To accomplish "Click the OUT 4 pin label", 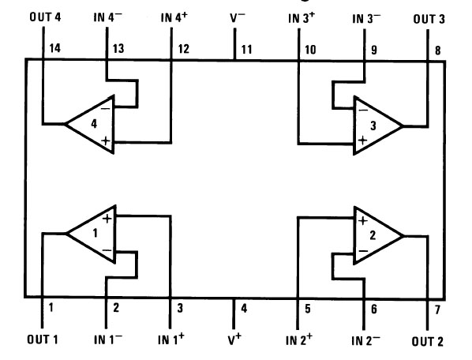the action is [x=45, y=17].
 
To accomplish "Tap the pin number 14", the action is [x=54, y=48].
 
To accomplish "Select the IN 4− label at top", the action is [x=108, y=17].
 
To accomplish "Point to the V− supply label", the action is [x=238, y=17].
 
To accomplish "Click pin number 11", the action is [x=246, y=50].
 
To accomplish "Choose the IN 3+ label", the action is [x=302, y=17].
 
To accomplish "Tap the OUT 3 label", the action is [x=429, y=19].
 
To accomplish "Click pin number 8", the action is [x=438, y=51].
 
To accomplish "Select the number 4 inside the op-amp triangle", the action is [x=94, y=124].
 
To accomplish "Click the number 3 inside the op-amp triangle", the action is [x=373, y=126].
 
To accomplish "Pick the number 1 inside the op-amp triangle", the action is [x=96, y=233].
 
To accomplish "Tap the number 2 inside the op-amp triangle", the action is [x=373, y=235].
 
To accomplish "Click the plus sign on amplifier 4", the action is [x=105, y=141].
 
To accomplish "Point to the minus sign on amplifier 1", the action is [x=107, y=250].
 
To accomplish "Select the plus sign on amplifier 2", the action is [x=363, y=220].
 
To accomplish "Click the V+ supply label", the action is [x=234, y=339].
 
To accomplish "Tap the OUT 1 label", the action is [x=43, y=339].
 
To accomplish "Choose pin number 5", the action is [x=307, y=309].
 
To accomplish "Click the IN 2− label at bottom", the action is [x=365, y=340].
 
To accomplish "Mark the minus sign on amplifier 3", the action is [x=363, y=111].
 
